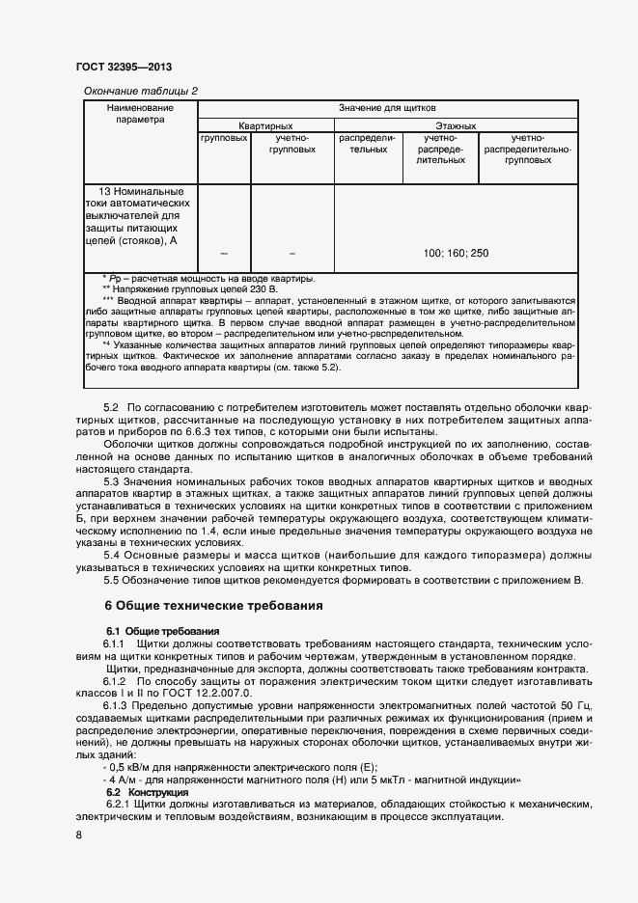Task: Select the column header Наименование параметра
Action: pos(141,114)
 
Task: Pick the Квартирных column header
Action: pos(265,126)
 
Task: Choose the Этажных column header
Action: pos(456,126)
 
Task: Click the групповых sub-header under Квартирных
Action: pos(224,139)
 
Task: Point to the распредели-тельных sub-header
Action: pos(368,145)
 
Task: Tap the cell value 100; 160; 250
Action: pos(456,253)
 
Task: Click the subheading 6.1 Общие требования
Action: pos(163,630)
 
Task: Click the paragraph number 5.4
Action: pos(114,556)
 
